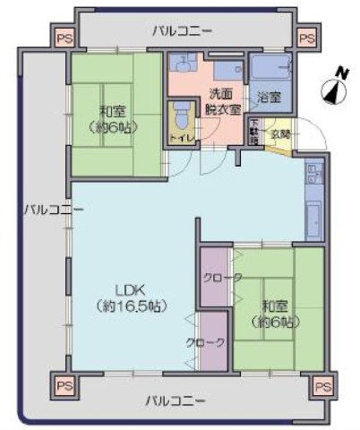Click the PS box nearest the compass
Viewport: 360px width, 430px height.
(307, 39)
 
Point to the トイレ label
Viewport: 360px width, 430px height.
(180, 139)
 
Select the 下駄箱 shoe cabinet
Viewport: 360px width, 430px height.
(254, 132)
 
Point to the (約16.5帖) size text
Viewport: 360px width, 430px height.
(131, 306)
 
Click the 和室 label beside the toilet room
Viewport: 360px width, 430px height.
(113, 119)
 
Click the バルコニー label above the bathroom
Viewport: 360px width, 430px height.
(183, 31)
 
